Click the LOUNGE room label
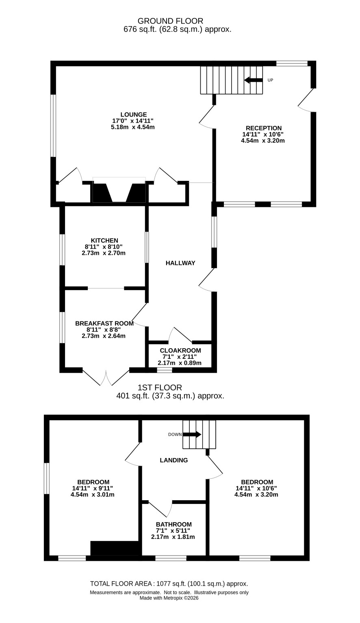[133, 114]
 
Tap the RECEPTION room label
[264, 128]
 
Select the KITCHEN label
[104, 240]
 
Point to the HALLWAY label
[180, 263]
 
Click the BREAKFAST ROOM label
[104, 323]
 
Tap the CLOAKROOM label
[180, 350]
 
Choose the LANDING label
[174, 460]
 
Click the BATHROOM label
[174, 524]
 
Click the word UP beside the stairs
[270, 80]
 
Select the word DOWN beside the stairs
[175, 434]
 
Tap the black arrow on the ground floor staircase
[253, 80]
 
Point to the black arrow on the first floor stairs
[192, 434]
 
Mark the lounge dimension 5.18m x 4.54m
[132, 127]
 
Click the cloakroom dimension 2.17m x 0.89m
[180, 363]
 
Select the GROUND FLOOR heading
[170, 21]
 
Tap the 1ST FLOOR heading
[160, 387]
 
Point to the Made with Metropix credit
[169, 598]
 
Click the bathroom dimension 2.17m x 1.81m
[173, 537]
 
